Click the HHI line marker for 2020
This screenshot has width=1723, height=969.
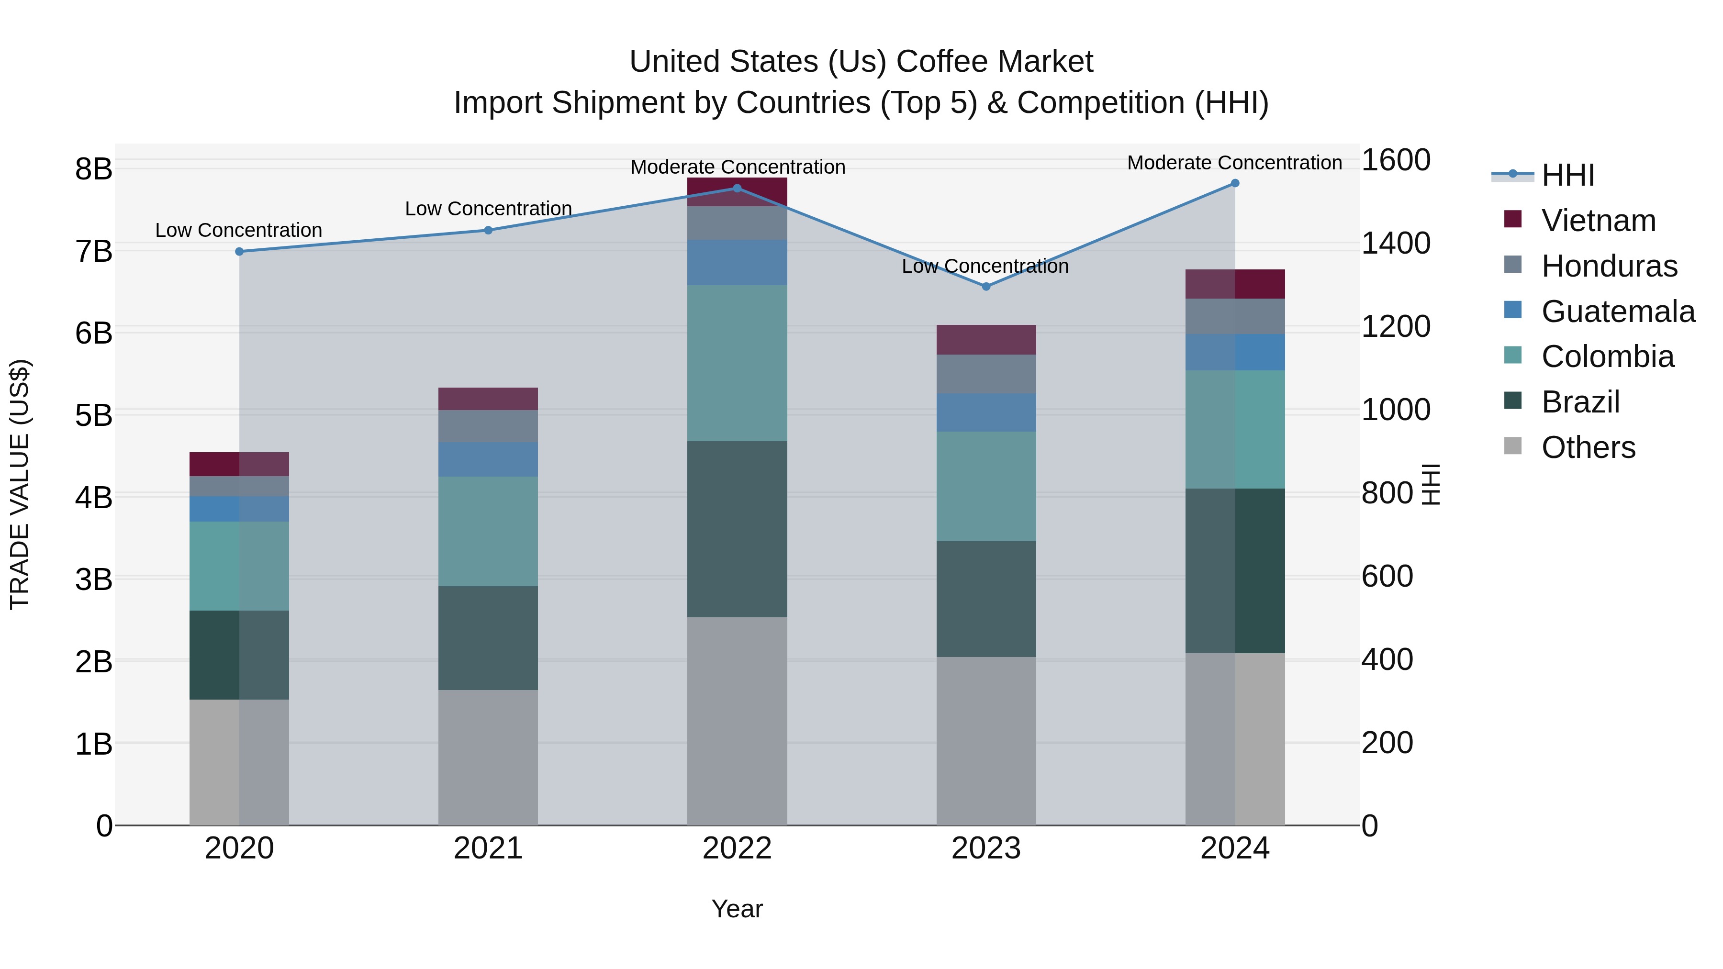point(239,251)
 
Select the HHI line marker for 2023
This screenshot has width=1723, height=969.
point(986,286)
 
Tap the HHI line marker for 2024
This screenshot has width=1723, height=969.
point(1235,183)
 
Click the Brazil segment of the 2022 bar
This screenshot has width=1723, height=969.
point(737,529)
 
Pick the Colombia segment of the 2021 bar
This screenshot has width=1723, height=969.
point(488,531)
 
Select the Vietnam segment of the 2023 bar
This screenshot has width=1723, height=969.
point(986,340)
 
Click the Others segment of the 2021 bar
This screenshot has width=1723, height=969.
point(488,757)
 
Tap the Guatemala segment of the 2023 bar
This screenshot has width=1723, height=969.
point(986,412)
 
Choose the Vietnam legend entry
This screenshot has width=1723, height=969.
point(1598,221)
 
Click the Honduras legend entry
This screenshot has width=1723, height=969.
point(1609,266)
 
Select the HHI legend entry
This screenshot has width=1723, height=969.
point(1567,175)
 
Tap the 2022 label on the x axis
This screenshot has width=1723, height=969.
point(737,848)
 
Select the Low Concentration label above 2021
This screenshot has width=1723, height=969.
point(488,209)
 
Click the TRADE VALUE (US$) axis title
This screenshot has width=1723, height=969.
point(20,484)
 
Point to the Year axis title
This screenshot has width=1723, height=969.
point(737,909)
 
